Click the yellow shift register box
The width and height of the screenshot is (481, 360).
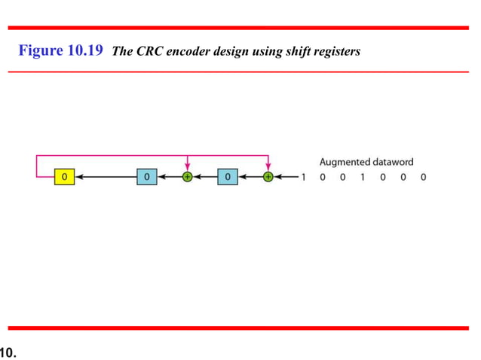point(64,177)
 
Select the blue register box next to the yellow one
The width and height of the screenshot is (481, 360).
point(147,177)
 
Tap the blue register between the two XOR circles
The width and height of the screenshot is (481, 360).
point(228,177)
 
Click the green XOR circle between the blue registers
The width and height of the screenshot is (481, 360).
point(187,177)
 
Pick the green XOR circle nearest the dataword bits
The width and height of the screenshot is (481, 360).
point(268,177)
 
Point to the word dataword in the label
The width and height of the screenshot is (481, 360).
point(394,162)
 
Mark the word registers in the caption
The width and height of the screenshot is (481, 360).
point(335,53)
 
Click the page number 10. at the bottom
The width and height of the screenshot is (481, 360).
point(8,350)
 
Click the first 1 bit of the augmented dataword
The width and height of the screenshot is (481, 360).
point(303,178)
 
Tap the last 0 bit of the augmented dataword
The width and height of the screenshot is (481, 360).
point(424,178)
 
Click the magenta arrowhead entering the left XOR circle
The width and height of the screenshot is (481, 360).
point(187,169)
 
